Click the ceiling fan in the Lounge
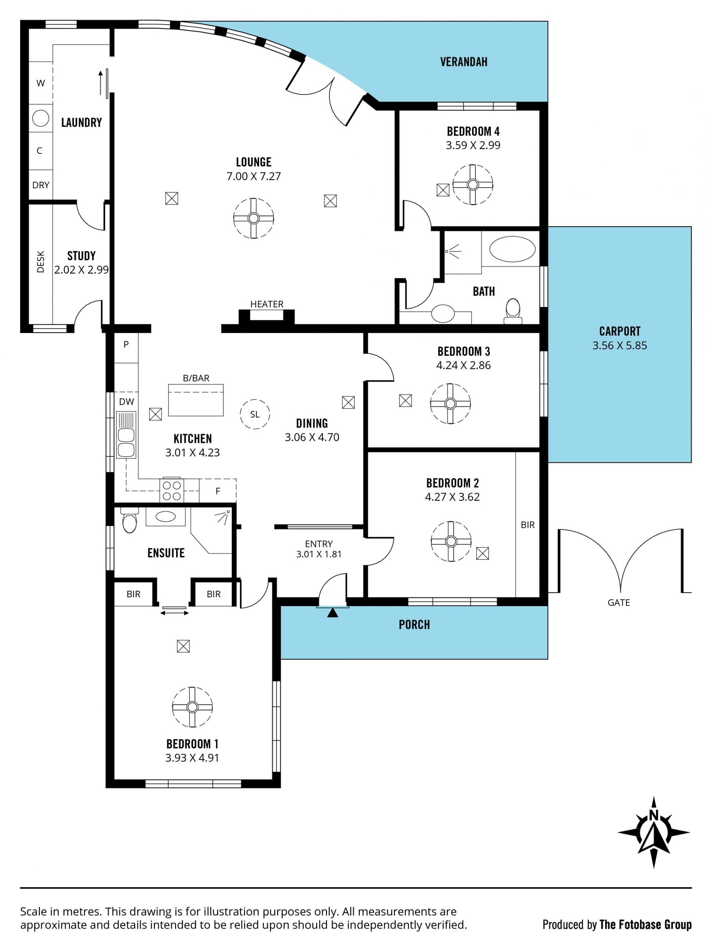[x=254, y=218]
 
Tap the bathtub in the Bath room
[x=512, y=249]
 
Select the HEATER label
[x=267, y=304]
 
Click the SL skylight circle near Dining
[x=255, y=414]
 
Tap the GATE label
[x=619, y=602]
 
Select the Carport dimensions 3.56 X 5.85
[x=619, y=345]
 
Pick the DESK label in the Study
[x=40, y=262]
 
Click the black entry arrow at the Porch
[x=332, y=612]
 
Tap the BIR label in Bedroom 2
[x=527, y=525]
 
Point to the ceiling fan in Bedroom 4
[x=473, y=185]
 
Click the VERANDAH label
[x=464, y=62]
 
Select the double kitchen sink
[x=126, y=435]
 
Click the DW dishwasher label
[x=126, y=401]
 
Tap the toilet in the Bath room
[x=513, y=311]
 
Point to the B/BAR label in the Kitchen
[x=196, y=378]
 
